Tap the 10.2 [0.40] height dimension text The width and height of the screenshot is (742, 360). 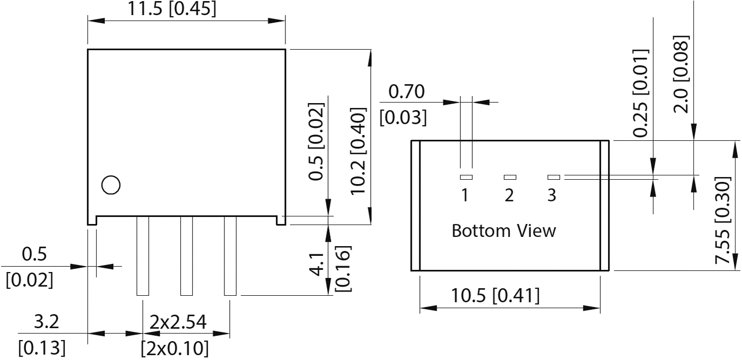pyautogui.click(x=358, y=151)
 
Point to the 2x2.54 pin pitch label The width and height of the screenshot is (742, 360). pyautogui.click(x=178, y=322)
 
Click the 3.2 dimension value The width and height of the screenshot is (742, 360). pyautogui.click(x=47, y=322)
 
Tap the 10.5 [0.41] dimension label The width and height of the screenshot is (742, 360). pyautogui.click(x=495, y=296)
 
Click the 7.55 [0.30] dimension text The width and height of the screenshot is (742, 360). pyautogui.click(x=723, y=220)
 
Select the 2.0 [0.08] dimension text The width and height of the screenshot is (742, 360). pyautogui.click(x=682, y=74)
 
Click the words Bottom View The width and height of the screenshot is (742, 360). pyautogui.click(x=503, y=231)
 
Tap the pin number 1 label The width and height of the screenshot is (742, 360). pyautogui.click(x=465, y=195)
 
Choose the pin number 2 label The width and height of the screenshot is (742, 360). pyautogui.click(x=509, y=195)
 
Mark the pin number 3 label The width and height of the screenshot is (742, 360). pyautogui.click(x=552, y=195)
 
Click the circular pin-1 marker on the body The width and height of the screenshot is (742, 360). pyautogui.click(x=111, y=185)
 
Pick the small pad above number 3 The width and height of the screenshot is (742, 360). pyautogui.click(x=554, y=177)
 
